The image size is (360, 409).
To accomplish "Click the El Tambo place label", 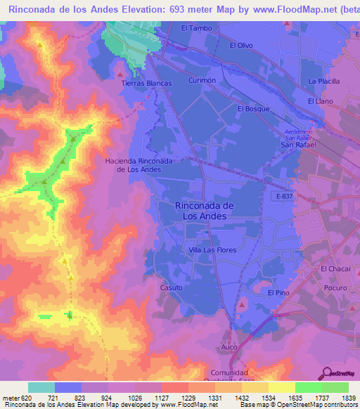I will [196, 28].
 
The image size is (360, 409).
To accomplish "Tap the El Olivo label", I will [241, 45].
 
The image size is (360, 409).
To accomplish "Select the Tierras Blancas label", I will [147, 83].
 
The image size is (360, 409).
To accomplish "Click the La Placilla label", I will [324, 82].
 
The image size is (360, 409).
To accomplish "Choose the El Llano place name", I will [320, 102].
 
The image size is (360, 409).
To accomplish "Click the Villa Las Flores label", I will [212, 249].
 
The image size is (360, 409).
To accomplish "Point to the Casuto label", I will [172, 288].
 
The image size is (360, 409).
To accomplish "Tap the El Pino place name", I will [278, 292].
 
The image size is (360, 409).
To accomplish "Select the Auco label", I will [229, 347].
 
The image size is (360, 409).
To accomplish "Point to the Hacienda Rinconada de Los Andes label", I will [139, 165].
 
